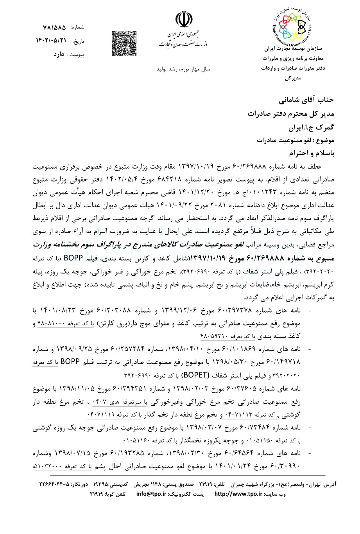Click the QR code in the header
pos(122,43)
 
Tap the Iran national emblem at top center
pos(183,20)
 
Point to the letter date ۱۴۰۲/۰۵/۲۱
pos(51,40)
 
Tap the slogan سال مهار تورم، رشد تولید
pos(183,69)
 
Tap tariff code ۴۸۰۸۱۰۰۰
pos(54,324)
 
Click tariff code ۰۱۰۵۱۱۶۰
pos(140,441)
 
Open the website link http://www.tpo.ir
pos(238,494)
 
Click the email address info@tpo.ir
pos(152,494)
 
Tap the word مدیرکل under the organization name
pos(294,78)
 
